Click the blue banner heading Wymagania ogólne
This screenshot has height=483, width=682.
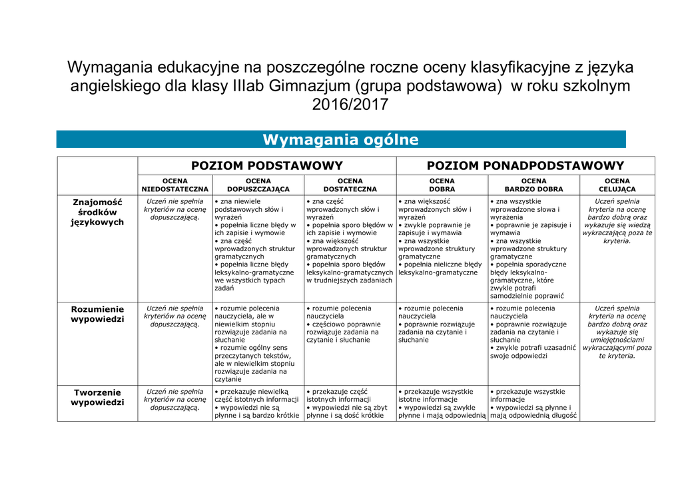point(340,139)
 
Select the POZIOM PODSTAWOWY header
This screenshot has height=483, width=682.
point(267,166)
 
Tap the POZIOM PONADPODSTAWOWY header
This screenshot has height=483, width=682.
point(525,166)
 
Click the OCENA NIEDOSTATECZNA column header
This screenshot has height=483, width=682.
point(174,185)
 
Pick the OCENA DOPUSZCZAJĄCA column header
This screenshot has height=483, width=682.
point(258,185)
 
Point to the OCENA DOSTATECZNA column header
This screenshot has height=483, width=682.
point(350,185)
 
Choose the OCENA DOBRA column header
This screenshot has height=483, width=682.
point(442,185)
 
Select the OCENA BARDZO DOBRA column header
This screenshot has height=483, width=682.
point(533,185)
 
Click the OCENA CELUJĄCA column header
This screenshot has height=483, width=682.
point(617,185)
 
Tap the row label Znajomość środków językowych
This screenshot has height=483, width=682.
point(97,212)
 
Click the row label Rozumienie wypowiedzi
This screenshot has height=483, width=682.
point(97,314)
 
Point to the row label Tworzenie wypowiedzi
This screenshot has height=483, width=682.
point(97,397)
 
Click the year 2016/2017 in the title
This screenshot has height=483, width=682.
point(350,105)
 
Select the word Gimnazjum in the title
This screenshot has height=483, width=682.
point(310,86)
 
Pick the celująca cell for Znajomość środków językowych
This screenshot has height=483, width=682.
point(617,221)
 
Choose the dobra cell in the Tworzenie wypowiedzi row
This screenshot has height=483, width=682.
point(442,404)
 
